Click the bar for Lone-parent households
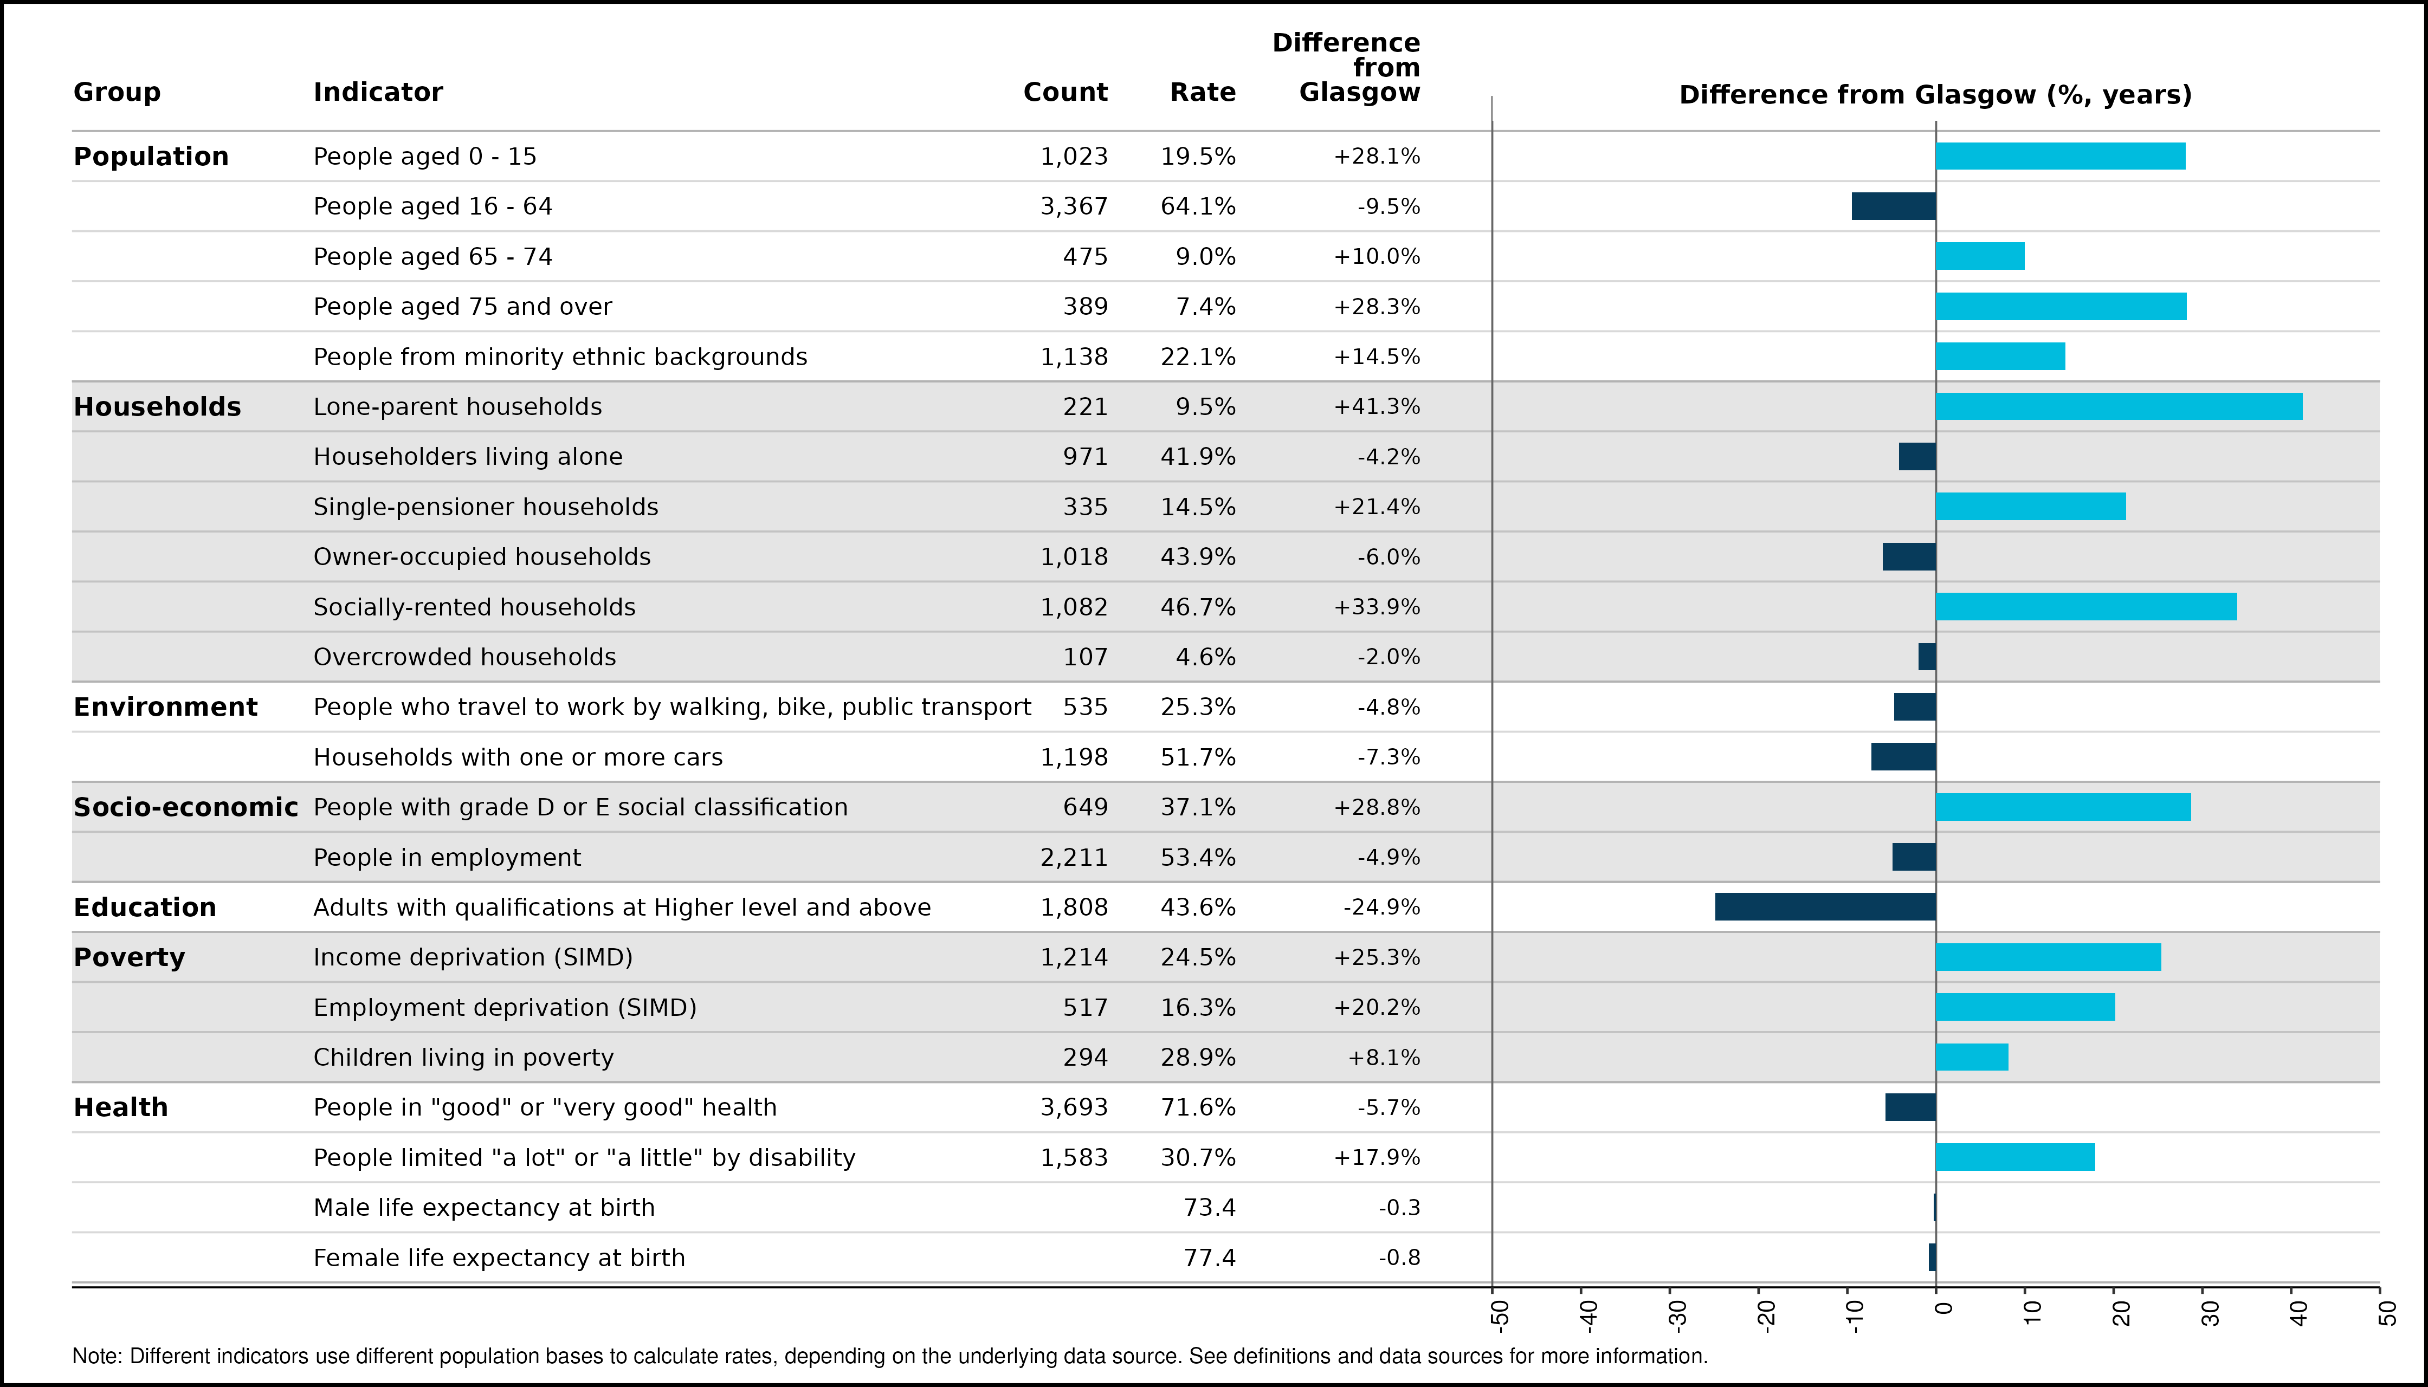[x=2119, y=407]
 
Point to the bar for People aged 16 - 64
[x=1894, y=207]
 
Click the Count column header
[x=1066, y=93]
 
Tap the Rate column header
[x=1203, y=93]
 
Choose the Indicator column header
[x=378, y=93]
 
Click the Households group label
[x=157, y=407]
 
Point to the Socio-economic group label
[x=186, y=807]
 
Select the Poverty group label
[x=130, y=957]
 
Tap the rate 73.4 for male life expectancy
[x=1209, y=1208]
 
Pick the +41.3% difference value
[x=1377, y=407]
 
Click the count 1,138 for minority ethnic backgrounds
[x=1074, y=357]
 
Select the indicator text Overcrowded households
[x=465, y=657]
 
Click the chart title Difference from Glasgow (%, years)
[x=1935, y=95]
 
